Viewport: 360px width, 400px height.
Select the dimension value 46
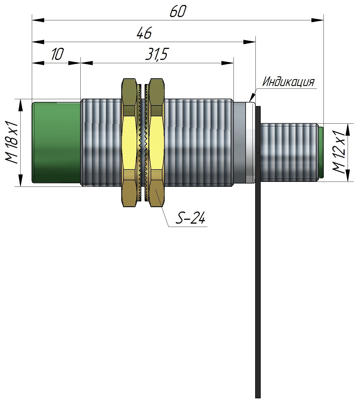click(x=144, y=34)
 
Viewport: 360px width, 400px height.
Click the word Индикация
click(x=288, y=82)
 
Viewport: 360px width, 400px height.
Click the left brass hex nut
click(x=129, y=142)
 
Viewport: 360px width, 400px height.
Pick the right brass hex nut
click(x=157, y=142)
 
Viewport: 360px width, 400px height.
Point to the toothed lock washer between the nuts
click(x=143, y=142)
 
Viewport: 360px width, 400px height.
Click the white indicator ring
click(x=250, y=142)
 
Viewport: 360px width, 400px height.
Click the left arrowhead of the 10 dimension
click(x=38, y=63)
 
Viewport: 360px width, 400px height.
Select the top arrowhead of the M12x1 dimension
click(x=348, y=130)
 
